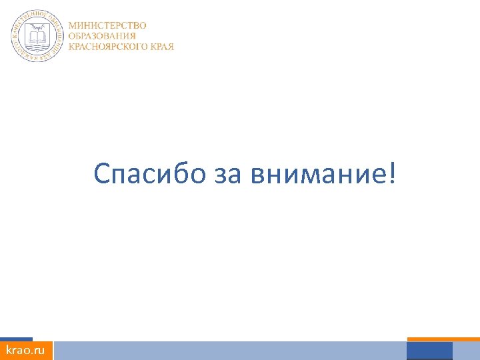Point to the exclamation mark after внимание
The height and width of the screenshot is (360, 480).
pyautogui.click(x=391, y=173)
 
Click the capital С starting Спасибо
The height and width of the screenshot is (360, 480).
pyautogui.click(x=101, y=174)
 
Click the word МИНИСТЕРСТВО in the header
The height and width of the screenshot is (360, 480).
pyautogui.click(x=107, y=25)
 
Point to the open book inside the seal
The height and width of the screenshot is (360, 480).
pyautogui.click(x=37, y=35)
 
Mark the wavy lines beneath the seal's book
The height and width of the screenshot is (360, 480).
pyautogui.click(x=37, y=48)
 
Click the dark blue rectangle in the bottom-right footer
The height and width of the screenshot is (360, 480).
pyautogui.click(x=429, y=351)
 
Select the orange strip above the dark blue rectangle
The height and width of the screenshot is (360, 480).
pyautogui.click(x=443, y=339)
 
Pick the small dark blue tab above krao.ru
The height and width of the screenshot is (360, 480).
pyautogui.click(x=16, y=339)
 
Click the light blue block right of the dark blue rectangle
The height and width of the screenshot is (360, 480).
pyautogui.click(x=466, y=351)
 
